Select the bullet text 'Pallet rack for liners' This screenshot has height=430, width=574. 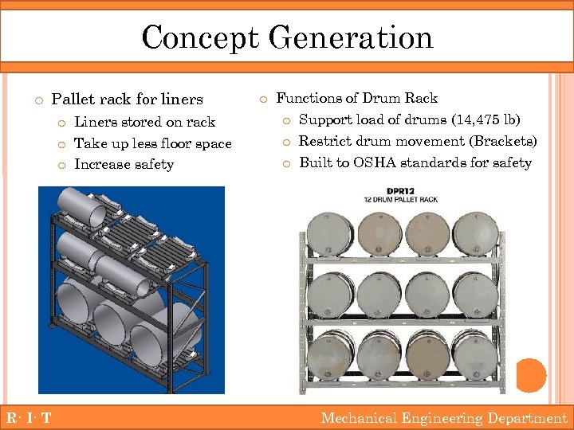[127, 100]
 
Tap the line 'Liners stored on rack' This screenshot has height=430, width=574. [144, 122]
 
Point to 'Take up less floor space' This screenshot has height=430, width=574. [152, 143]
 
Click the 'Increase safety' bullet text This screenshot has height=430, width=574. [124, 164]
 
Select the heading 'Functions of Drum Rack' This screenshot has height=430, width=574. [356, 98]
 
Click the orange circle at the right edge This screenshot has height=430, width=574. [530, 374]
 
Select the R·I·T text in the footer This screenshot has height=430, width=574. [29, 418]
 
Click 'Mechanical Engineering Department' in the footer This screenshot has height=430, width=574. [443, 418]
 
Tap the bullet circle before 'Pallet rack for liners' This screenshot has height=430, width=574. [37, 100]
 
